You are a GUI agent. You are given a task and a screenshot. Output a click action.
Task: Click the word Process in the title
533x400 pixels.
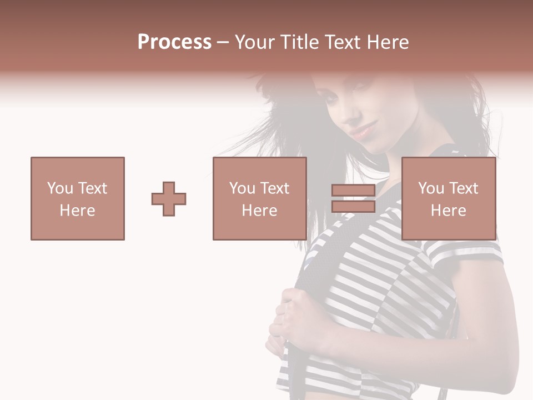[174, 42]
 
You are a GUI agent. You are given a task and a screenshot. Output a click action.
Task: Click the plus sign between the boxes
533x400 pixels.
[169, 199]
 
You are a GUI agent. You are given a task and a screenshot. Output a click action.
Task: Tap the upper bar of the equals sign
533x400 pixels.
[353, 191]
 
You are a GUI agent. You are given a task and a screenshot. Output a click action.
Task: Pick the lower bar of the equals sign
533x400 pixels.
[353, 206]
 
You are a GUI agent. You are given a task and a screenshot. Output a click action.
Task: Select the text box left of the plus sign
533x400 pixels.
[78, 198]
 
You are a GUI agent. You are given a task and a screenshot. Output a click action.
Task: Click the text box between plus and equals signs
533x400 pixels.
[260, 198]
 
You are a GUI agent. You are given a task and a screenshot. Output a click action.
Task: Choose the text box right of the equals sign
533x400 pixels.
[449, 198]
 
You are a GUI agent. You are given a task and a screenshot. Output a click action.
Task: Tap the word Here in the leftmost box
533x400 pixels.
[78, 211]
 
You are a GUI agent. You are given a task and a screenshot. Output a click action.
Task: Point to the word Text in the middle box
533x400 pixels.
[274, 188]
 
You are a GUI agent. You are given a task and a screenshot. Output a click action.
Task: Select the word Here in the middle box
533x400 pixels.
[260, 211]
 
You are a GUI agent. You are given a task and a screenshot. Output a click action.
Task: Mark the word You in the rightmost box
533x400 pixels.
[431, 188]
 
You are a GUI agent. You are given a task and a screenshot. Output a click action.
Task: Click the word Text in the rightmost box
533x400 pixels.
[463, 188]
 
